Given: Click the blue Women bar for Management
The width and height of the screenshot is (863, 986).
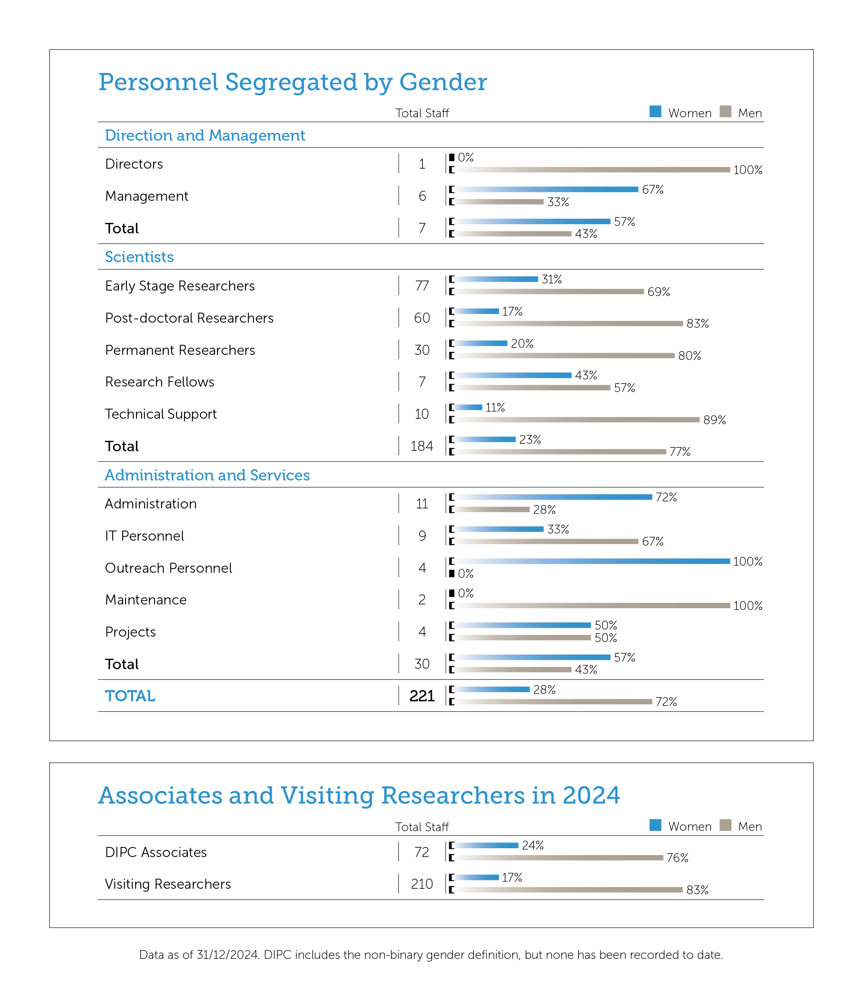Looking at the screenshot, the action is point(547,189).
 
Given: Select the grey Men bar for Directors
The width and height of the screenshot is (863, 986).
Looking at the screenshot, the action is point(593,169).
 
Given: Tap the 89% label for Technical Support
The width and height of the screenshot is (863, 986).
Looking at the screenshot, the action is point(715,420).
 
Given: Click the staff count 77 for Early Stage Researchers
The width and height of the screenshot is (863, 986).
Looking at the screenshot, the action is point(422,286).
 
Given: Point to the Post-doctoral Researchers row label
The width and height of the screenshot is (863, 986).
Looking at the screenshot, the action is point(189,318).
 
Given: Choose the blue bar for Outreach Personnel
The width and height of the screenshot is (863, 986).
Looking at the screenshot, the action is point(593,561).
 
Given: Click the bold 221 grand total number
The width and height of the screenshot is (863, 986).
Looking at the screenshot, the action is point(422,696).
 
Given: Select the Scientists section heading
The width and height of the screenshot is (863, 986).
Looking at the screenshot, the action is point(139,257).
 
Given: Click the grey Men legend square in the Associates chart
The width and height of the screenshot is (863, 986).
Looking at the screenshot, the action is point(725,825).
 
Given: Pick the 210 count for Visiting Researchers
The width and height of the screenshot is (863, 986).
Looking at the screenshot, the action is point(422,884).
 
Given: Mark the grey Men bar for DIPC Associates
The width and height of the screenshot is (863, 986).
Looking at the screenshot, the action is point(559,857).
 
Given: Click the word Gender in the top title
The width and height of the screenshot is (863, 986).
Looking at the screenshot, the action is point(443,82).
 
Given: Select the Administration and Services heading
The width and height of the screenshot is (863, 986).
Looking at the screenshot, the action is point(207,475).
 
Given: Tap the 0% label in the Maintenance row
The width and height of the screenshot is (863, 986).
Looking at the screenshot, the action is point(466,593).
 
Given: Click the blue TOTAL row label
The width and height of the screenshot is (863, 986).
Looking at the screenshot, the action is point(130,696).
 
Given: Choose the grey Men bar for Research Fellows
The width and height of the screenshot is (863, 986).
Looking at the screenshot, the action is point(533,387).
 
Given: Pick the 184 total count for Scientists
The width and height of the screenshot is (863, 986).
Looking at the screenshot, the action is point(422,446).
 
